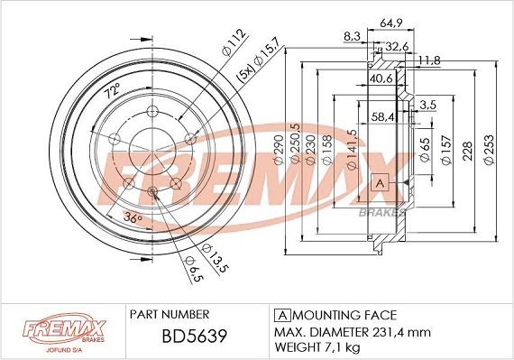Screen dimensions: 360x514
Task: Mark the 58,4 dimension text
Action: click(x=384, y=116)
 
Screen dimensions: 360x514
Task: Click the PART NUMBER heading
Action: click(x=170, y=314)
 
